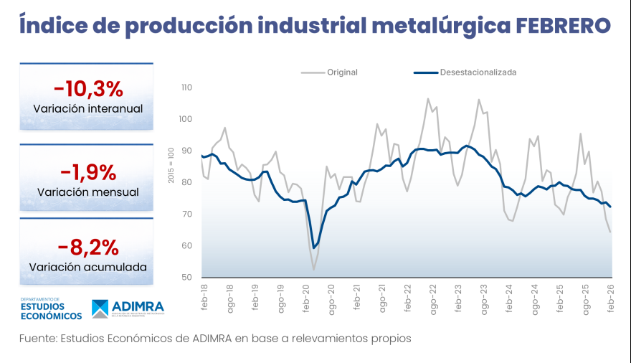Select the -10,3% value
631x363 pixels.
(87, 89)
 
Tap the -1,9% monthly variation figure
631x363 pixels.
(87, 172)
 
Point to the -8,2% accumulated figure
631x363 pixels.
(87, 247)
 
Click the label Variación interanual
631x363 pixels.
(87, 109)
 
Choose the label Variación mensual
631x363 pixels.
(87, 192)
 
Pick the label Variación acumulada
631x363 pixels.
(87, 267)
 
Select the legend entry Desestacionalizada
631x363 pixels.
(478, 72)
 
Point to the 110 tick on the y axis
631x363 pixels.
(187, 88)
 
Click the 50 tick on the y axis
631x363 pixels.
(189, 278)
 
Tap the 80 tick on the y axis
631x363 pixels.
(189, 182)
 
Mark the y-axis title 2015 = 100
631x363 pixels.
(171, 165)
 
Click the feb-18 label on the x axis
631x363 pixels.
(205, 296)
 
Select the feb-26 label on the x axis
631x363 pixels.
(612, 296)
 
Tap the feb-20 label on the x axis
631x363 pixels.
(307, 296)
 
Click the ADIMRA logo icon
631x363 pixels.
(100, 309)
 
